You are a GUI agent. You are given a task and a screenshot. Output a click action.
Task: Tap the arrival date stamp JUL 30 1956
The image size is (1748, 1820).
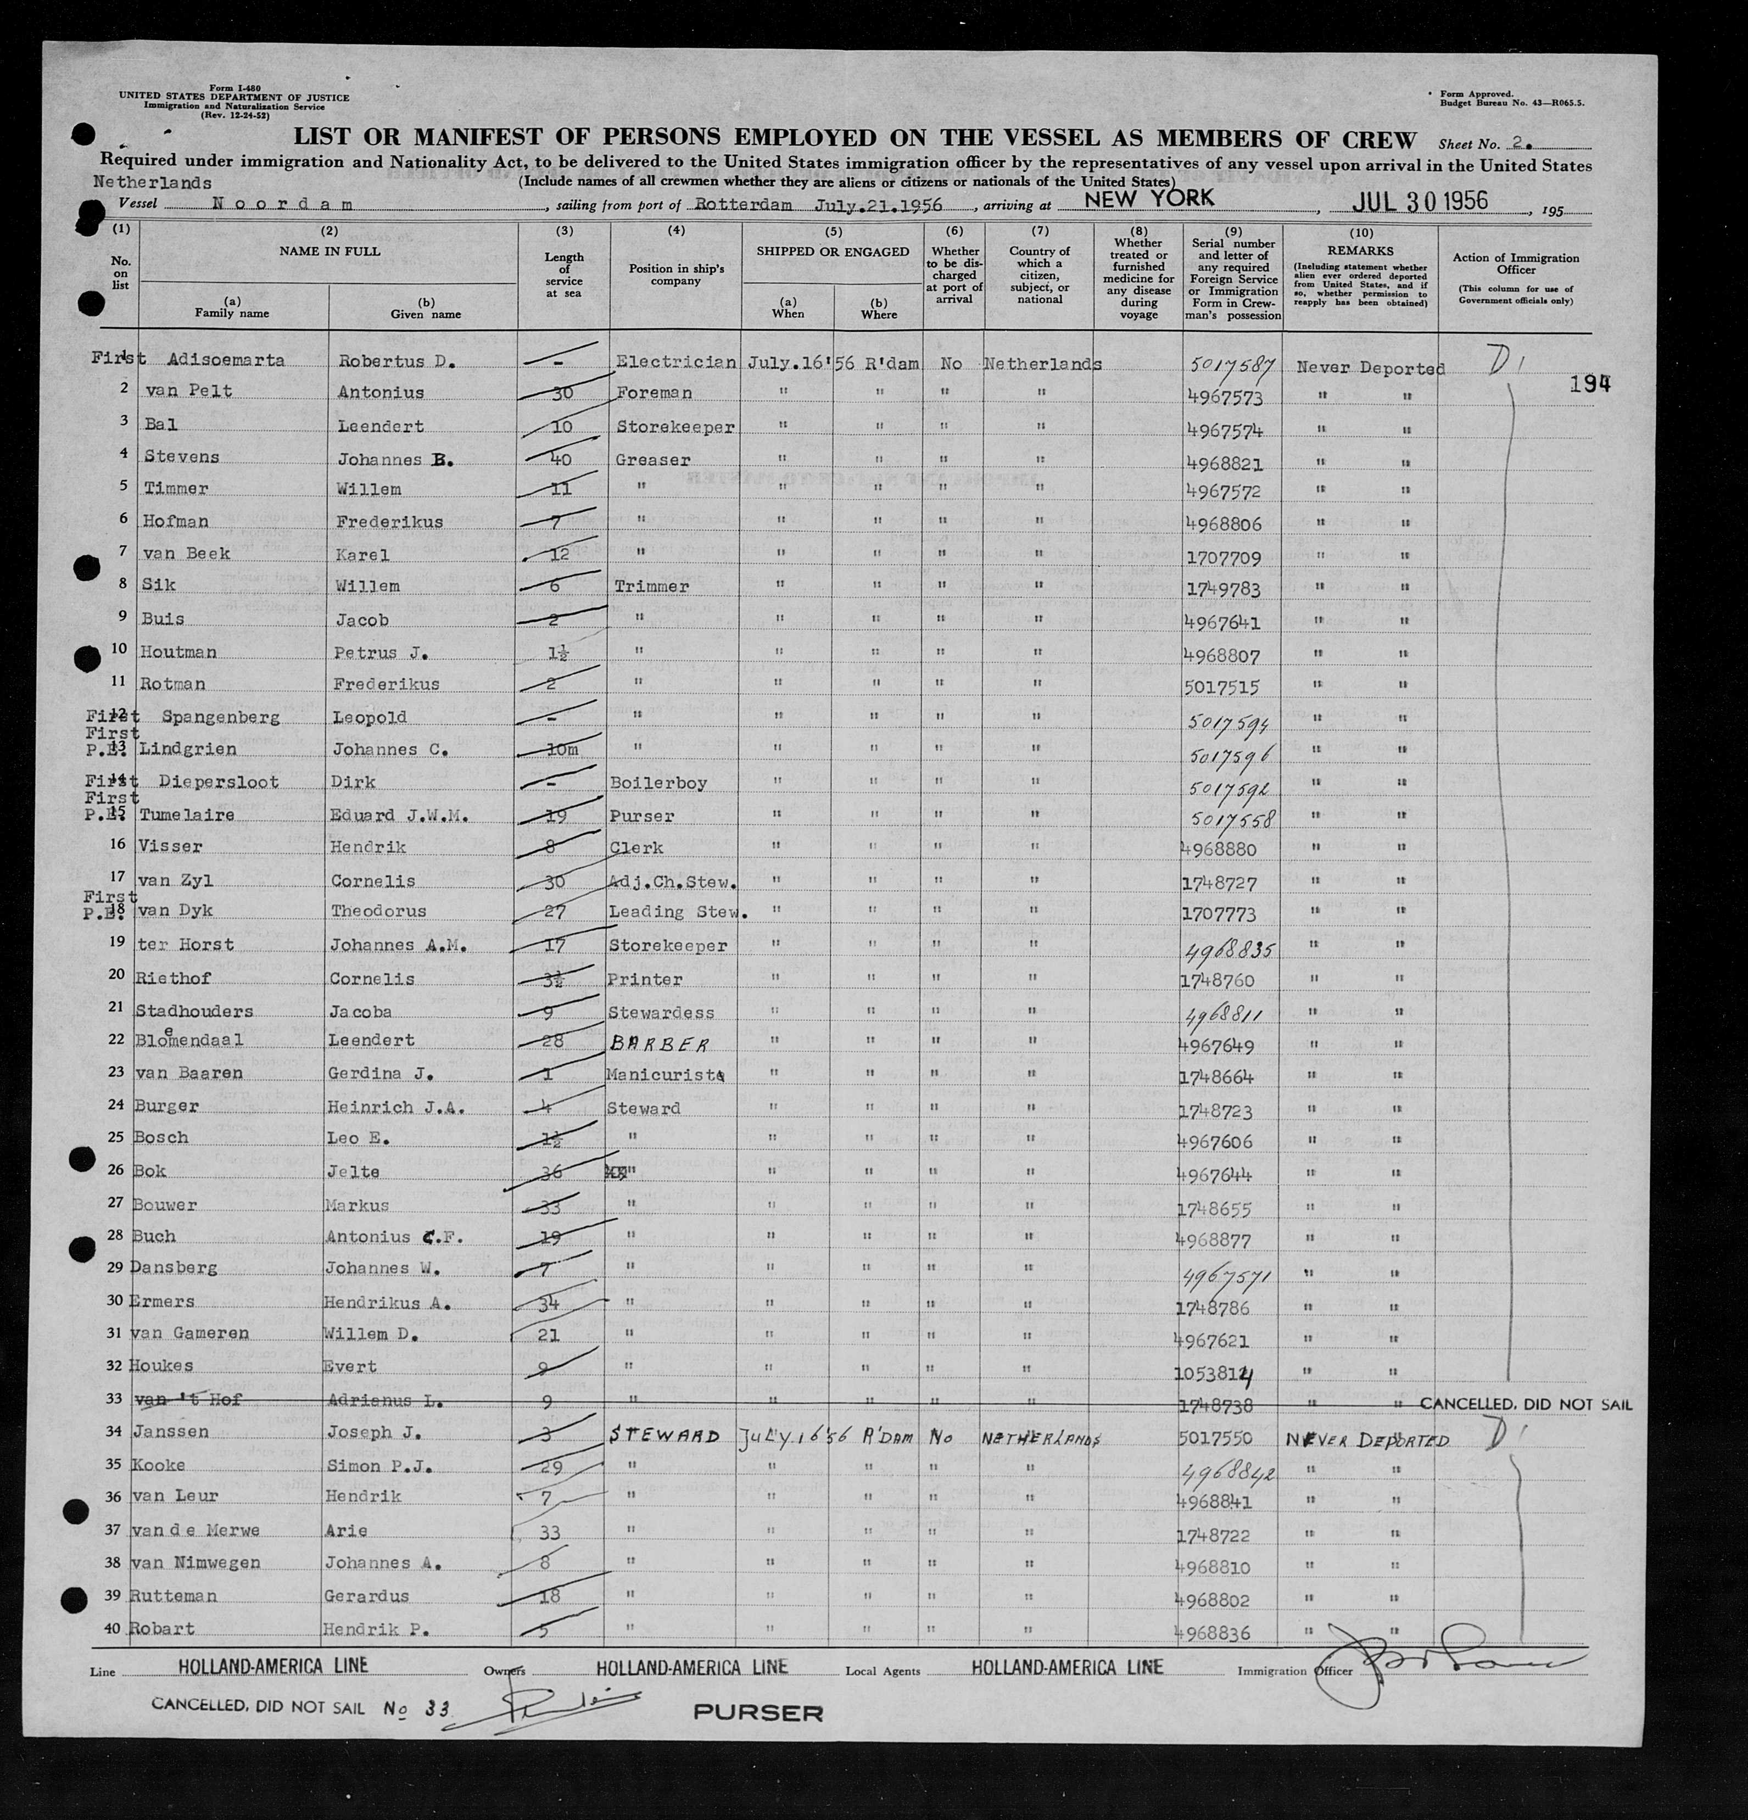[1420, 200]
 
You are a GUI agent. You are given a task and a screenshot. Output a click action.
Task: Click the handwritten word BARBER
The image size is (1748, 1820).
[657, 1045]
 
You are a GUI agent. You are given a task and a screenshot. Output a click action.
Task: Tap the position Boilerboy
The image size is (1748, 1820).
[658, 783]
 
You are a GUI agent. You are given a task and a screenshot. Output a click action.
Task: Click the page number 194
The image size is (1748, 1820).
[1589, 384]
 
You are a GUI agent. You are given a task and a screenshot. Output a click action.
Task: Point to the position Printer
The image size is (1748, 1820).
[645, 980]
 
